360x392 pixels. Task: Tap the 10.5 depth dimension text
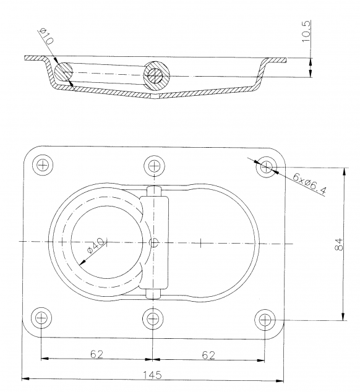306,30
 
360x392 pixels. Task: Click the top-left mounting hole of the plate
42,165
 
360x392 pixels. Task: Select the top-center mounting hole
153,165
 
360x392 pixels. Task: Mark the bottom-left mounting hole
41,318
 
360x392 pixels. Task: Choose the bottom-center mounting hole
153,319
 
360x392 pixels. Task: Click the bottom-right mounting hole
265,319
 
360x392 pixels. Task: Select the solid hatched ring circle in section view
62,73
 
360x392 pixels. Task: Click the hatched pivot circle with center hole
154,75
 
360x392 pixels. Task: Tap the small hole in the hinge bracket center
153,242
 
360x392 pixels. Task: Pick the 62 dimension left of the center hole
96,354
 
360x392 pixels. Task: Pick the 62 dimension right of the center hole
209,354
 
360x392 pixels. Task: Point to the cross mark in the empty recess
201,242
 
